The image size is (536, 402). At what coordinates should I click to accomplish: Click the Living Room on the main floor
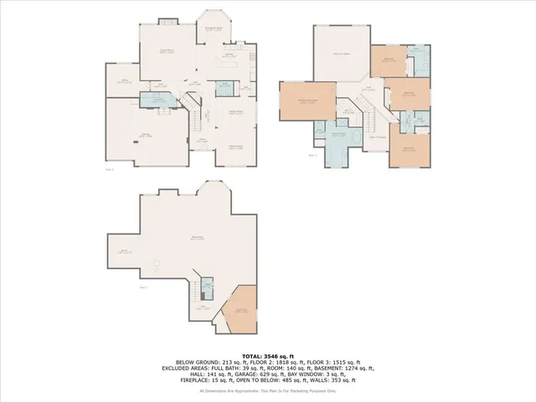click(x=167, y=52)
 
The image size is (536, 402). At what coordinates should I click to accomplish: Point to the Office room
click(x=122, y=81)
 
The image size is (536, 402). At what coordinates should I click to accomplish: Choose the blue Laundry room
click(x=156, y=101)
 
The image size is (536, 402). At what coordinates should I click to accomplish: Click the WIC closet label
click(x=345, y=111)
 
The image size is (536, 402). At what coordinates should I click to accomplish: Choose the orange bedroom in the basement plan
click(x=241, y=309)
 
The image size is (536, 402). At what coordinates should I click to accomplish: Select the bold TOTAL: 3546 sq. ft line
click(x=267, y=355)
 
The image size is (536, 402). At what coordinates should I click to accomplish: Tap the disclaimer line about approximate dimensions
click(x=267, y=390)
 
